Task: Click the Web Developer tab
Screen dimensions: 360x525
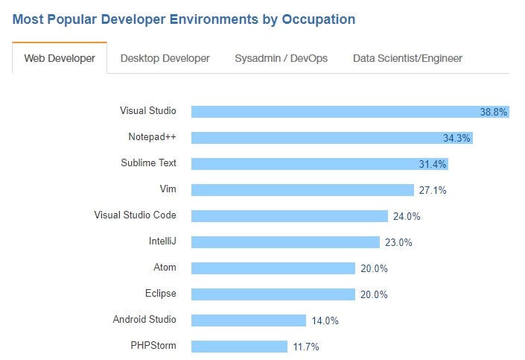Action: coord(60,58)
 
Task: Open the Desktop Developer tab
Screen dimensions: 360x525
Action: coord(165,58)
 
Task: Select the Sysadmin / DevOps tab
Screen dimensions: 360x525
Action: coord(281,58)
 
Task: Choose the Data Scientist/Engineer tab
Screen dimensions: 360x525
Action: coord(407,58)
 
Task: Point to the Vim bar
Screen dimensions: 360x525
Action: coord(302,190)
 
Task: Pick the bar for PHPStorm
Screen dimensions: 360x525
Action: coord(239,347)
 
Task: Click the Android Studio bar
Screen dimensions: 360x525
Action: coord(248,320)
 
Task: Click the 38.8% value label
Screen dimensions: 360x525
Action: coord(493,112)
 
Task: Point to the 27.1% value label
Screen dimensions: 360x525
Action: coord(433,190)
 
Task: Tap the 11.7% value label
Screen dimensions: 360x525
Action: coord(306,347)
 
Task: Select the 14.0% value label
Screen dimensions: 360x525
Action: coord(325,320)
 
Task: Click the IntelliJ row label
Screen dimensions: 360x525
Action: coord(162,241)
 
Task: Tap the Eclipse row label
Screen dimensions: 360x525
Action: coord(161,294)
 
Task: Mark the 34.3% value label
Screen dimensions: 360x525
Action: coord(456,138)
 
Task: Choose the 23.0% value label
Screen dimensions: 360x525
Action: coord(398,242)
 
